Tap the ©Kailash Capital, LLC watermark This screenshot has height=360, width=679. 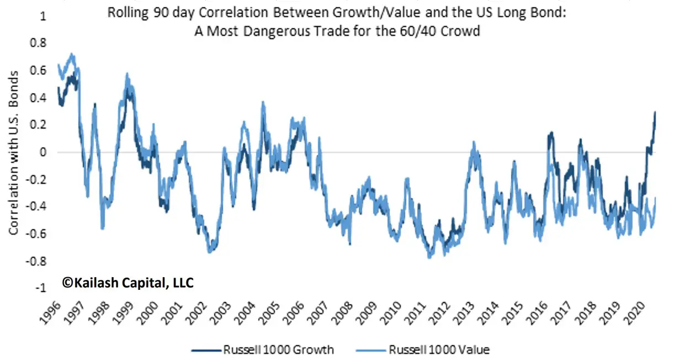click(128, 283)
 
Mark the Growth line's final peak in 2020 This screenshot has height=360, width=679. click(655, 112)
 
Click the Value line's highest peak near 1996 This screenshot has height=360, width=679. click(71, 54)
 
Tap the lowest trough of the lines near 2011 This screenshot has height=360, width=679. click(429, 257)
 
